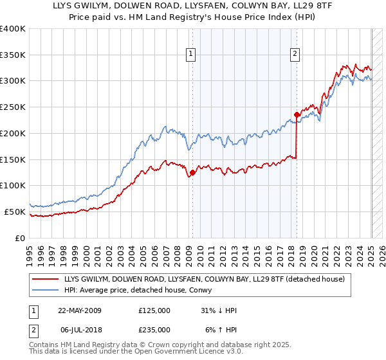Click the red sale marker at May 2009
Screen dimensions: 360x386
coord(192,172)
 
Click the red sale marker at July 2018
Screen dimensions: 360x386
coord(297,115)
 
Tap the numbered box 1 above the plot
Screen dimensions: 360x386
coord(192,54)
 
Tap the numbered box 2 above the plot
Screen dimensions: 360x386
coord(295,54)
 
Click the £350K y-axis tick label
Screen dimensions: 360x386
coord(13,55)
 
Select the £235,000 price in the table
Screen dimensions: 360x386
coord(154,330)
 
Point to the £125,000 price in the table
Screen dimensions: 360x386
coord(154,310)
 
